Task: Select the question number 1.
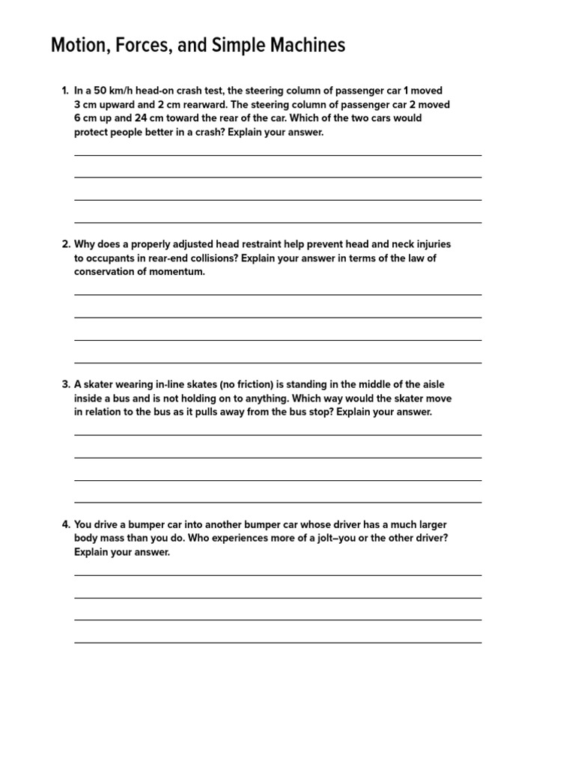[65, 91]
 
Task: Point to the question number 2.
[65, 244]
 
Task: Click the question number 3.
[65, 384]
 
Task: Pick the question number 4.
[65, 524]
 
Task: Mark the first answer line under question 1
[277, 155]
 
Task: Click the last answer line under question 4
[277, 643]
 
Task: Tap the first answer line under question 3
[277, 434]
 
